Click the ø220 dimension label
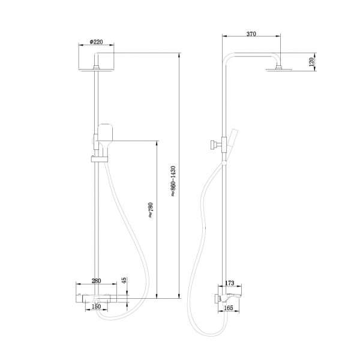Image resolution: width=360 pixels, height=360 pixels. pos(97,42)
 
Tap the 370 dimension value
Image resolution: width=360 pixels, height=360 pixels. pos(251,34)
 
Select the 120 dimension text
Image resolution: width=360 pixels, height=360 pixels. pos(311,62)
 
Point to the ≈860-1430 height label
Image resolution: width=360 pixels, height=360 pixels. pos(173,181)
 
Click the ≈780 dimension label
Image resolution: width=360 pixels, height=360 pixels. pos(151,210)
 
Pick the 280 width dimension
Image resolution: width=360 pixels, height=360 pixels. pos(96,281)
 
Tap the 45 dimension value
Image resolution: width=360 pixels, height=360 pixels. pos(124,281)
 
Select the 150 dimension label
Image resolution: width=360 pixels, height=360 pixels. pos(96,306)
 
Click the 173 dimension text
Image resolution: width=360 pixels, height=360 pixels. pos(230,283)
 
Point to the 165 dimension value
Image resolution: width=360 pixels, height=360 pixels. pos(229,308)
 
